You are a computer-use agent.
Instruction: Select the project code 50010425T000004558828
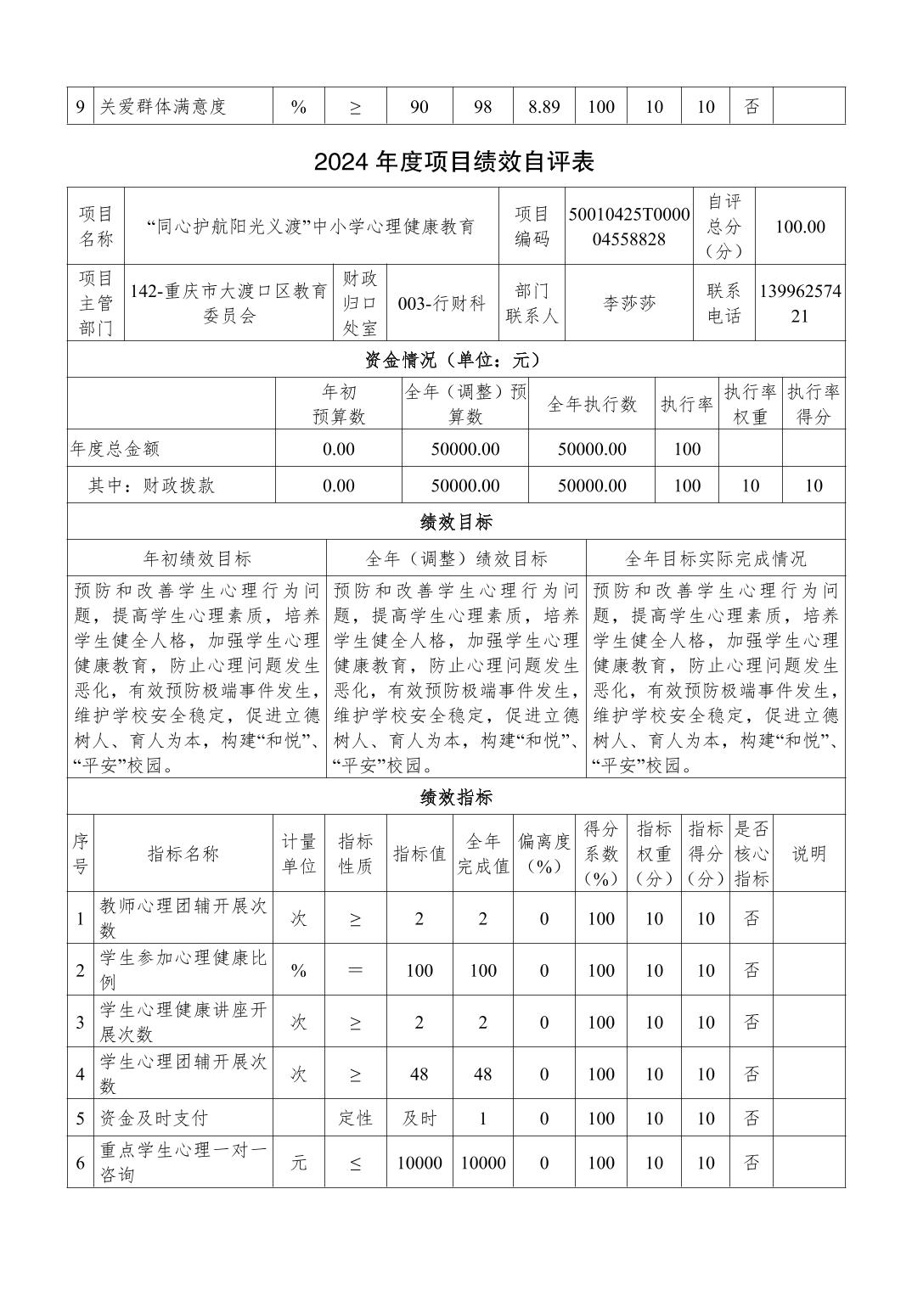(629, 227)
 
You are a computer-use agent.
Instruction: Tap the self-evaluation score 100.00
(800, 227)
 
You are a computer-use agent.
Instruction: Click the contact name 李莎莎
(629, 303)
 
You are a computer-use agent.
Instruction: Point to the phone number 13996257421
(800, 304)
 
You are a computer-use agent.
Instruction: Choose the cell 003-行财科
(442, 303)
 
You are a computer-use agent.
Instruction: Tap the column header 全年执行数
(592, 404)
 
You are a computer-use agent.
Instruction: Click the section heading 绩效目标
(456, 521)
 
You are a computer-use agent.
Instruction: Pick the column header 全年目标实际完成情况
(715, 558)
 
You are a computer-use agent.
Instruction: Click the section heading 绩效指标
(456, 798)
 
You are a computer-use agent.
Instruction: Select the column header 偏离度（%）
(544, 853)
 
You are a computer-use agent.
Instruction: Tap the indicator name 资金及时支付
(154, 1118)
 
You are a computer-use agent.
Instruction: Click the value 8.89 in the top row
(543, 107)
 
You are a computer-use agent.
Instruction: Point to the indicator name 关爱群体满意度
(163, 107)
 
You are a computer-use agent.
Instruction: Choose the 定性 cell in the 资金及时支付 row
(355, 1118)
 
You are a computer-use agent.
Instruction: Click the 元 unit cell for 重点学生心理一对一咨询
(298, 1163)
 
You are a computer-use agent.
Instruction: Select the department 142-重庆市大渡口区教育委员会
(228, 303)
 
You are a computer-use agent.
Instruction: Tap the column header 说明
(808, 853)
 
